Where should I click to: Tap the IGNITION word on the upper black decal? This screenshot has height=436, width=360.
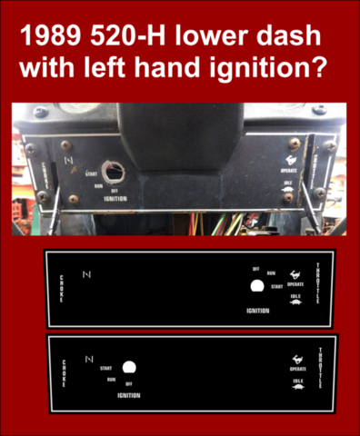click(x=258, y=310)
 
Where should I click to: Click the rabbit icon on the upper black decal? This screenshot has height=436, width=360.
click(x=294, y=273)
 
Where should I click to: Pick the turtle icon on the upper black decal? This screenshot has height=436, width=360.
click(x=295, y=303)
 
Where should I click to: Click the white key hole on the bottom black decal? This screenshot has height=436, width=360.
click(x=129, y=368)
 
